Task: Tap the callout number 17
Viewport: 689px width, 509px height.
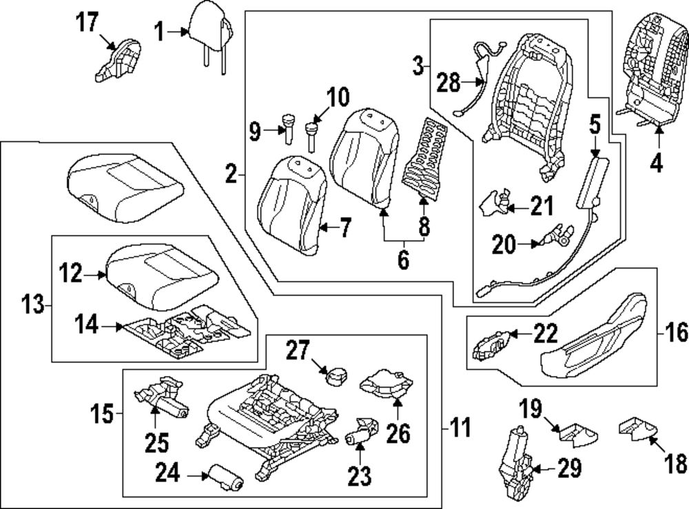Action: (88, 23)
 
